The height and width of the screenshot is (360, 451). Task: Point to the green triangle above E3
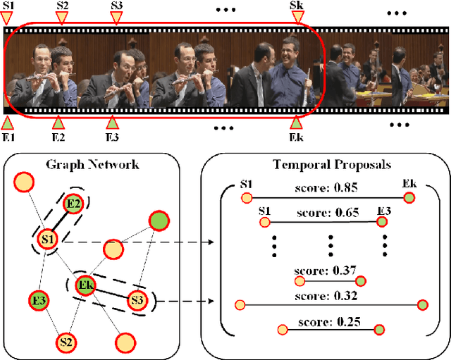[111, 120]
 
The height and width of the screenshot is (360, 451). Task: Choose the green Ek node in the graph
[86, 286]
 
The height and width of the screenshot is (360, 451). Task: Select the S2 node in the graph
[66, 342]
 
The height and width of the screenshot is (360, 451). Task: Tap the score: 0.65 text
[324, 211]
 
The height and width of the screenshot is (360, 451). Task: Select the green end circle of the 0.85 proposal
[409, 199]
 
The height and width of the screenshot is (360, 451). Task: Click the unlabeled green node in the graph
[159, 221]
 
